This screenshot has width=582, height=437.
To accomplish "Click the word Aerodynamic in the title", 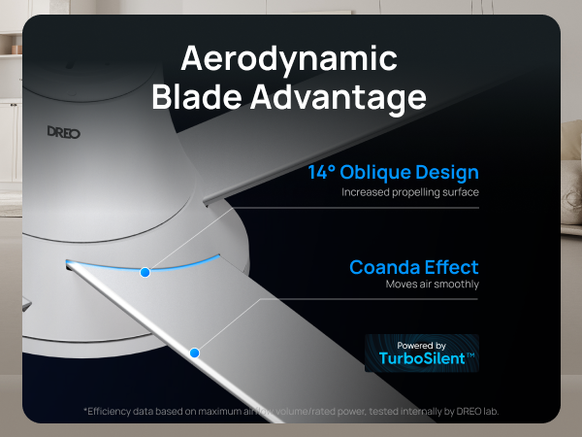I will pyautogui.click(x=290, y=59).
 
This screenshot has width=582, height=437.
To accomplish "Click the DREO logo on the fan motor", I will pyautogui.click(x=64, y=130).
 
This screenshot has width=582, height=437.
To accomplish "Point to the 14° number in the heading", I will pyautogui.click(x=323, y=173).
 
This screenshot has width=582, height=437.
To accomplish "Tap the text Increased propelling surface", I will pyautogui.click(x=409, y=192).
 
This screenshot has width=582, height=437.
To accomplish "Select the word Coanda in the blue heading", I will pyautogui.click(x=387, y=267).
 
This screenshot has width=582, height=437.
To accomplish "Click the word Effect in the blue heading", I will pyautogui.click(x=452, y=267).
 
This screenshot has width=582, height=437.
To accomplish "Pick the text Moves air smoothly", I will pyautogui.click(x=432, y=285).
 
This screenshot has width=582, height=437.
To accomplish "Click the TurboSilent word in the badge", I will pyautogui.click(x=417, y=358).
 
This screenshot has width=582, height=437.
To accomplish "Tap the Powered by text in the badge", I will pyautogui.click(x=422, y=345).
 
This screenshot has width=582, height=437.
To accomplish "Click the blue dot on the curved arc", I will pyautogui.click(x=145, y=272).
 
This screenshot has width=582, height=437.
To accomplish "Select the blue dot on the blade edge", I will pyautogui.click(x=194, y=353).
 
